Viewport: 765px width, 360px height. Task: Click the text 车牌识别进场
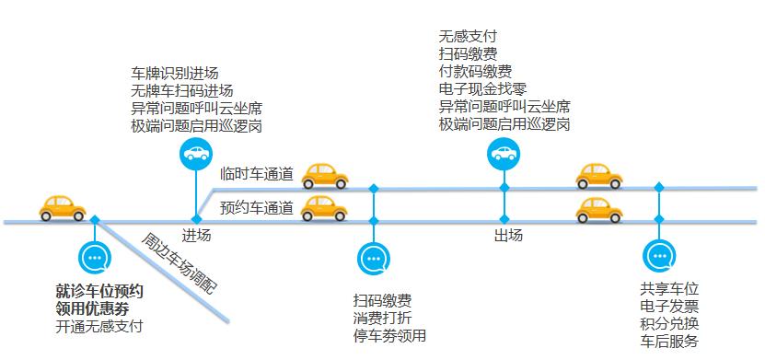175,74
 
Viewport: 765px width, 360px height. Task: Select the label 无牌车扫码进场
181,90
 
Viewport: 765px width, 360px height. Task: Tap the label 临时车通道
257,173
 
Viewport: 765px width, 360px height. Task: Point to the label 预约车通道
257,208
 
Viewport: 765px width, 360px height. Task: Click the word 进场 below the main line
196,236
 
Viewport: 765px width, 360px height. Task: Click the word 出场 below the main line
508,236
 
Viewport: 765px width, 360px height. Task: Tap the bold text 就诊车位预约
99,292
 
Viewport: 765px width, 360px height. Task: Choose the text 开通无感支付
99,326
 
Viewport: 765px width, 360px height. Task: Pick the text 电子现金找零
484,89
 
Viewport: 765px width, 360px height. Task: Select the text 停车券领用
389,336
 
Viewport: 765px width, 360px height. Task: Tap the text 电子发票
668,306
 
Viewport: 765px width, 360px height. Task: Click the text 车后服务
668,342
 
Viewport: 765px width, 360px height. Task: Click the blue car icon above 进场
195,154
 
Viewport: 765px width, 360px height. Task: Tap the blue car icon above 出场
504,154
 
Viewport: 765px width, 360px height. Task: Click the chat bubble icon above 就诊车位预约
95,258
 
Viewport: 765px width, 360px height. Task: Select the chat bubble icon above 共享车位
658,256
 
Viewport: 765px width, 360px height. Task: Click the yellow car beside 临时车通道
323,175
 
